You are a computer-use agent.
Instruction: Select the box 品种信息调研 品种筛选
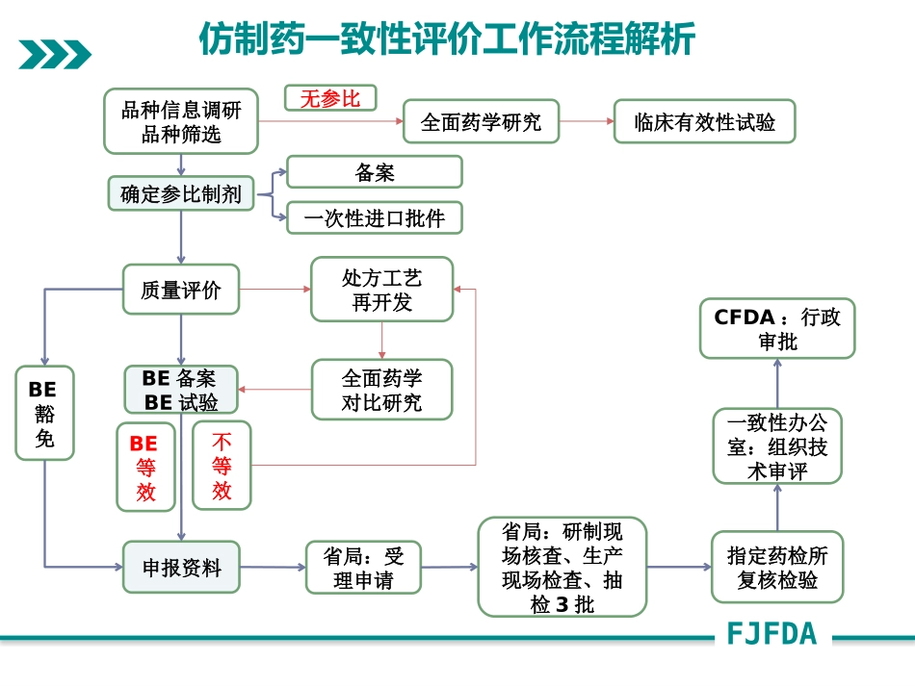click(x=181, y=121)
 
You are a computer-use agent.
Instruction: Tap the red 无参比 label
click(x=329, y=98)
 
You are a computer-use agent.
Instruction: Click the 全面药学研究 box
click(x=481, y=122)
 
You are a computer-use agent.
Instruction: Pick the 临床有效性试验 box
click(x=704, y=122)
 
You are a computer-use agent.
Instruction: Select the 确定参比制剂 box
click(x=180, y=194)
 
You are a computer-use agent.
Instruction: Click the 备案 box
click(x=375, y=172)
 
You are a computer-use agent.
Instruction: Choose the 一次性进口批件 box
click(x=375, y=218)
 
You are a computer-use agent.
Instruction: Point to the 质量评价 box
click(x=180, y=289)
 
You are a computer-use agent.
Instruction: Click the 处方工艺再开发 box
click(x=381, y=289)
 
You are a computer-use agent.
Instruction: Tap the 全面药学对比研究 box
click(x=381, y=390)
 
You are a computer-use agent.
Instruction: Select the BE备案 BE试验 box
click(x=180, y=390)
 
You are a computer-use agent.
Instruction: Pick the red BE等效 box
click(x=145, y=467)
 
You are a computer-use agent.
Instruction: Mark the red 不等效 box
click(x=222, y=467)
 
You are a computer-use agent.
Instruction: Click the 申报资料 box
click(x=180, y=568)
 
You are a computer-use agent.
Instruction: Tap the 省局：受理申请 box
click(x=362, y=568)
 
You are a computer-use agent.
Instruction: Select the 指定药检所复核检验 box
click(x=776, y=568)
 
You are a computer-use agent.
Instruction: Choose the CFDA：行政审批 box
click(x=776, y=329)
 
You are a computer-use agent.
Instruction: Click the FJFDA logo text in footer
click(x=772, y=634)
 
